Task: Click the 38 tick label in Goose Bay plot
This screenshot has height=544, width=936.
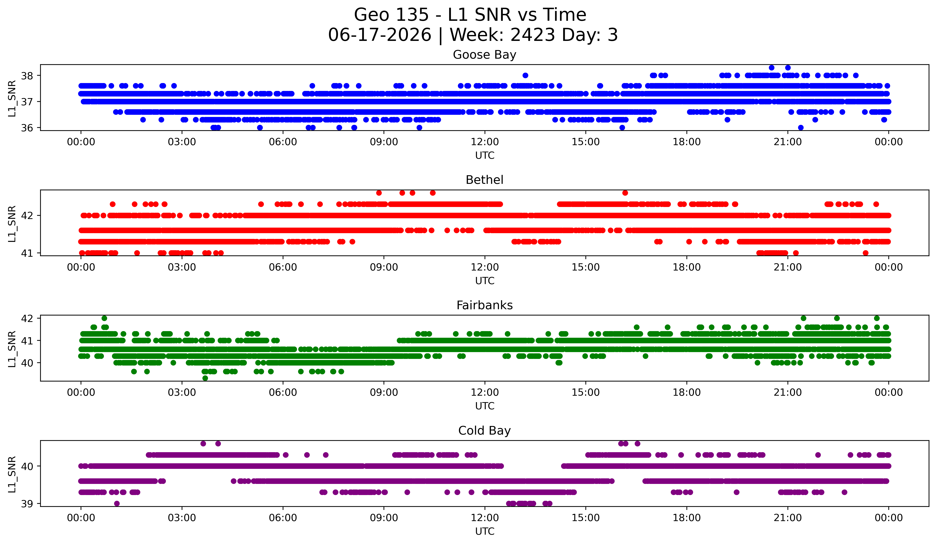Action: click(27, 76)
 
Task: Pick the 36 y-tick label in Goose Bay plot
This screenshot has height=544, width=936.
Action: click(27, 128)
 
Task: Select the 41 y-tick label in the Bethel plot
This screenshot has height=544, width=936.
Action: click(27, 253)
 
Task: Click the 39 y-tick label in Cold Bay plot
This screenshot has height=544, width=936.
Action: click(27, 504)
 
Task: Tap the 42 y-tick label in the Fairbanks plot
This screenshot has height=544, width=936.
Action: click(27, 318)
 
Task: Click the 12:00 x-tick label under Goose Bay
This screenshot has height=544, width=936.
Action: click(485, 142)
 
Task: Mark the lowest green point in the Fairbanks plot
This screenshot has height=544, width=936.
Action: click(205, 378)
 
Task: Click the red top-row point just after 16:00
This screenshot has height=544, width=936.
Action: click(625, 193)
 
